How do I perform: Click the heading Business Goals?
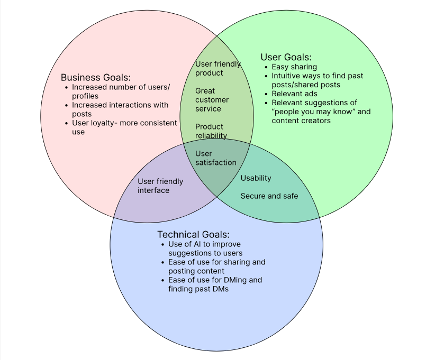point(96,77)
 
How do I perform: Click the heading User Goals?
point(286,57)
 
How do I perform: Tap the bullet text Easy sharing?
point(294,67)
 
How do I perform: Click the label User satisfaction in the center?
point(215,158)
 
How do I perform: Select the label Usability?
point(256,178)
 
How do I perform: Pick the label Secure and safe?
point(269,196)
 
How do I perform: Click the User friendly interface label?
point(160,186)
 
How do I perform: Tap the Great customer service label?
point(212,100)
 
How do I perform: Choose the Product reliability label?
point(211,131)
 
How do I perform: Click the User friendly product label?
point(218,68)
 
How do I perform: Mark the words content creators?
point(301,121)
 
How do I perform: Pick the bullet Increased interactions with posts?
point(120,109)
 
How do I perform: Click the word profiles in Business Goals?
point(85,96)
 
